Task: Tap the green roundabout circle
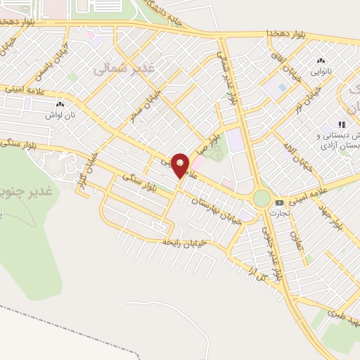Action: [262, 198]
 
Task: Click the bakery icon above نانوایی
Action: [322, 62]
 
